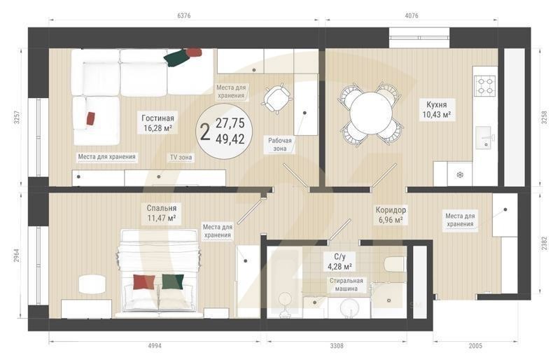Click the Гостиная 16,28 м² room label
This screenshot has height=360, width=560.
pos(158,123)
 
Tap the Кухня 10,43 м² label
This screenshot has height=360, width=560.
pos(436,109)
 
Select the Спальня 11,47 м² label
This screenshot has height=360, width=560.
pos(162,213)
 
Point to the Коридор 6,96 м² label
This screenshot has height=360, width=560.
pos(391,215)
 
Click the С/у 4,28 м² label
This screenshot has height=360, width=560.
pos(339,261)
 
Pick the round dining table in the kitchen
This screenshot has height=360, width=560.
pos(371,113)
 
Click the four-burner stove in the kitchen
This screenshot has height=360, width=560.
pos(485,85)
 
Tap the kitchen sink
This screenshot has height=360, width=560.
pos(486,137)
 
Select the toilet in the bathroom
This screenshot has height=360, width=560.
pos(394,265)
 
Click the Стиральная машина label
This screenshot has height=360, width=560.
pos(346,284)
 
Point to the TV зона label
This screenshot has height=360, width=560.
pos(181,157)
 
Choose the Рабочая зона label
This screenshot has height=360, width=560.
pos(280,144)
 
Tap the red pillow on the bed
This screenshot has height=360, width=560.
pos(144,282)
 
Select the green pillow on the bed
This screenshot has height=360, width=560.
pos(173,282)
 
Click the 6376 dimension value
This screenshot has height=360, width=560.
pos(184,15)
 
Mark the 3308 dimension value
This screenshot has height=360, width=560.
pos(337,346)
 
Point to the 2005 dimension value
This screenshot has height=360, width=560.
pos(475,346)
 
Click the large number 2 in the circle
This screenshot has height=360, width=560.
pos(205,132)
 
